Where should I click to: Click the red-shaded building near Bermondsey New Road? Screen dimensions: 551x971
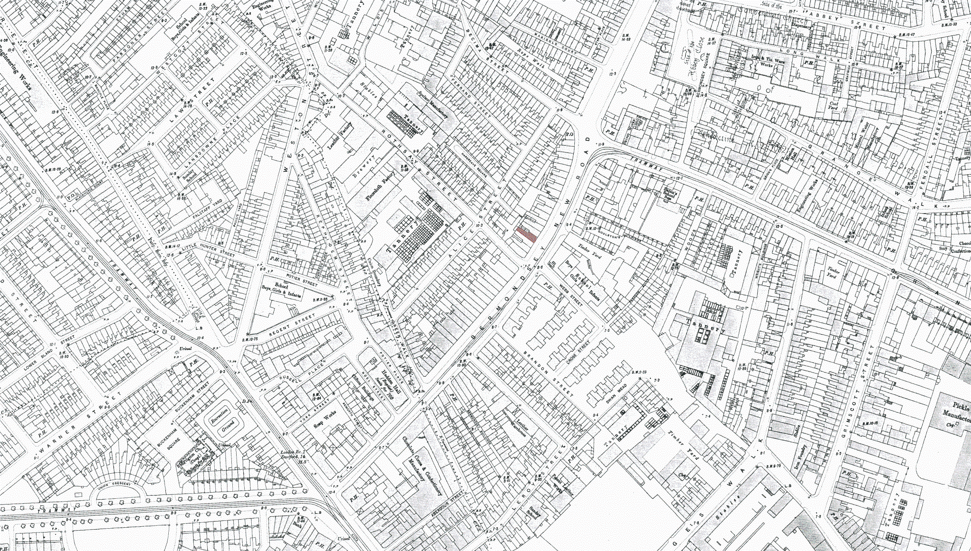coord(526,234)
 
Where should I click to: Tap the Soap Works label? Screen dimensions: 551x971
coord(325,420)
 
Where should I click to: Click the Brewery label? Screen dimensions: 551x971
coord(365,167)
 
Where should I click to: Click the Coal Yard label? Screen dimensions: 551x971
coord(834,105)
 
